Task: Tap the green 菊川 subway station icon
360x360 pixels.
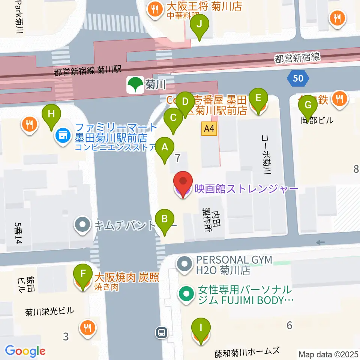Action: [135, 84]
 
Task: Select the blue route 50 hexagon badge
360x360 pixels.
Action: [298, 78]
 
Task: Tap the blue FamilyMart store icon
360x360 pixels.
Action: [62, 135]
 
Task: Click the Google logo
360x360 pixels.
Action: [25, 351]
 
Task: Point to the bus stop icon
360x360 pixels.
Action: [162, 331]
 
